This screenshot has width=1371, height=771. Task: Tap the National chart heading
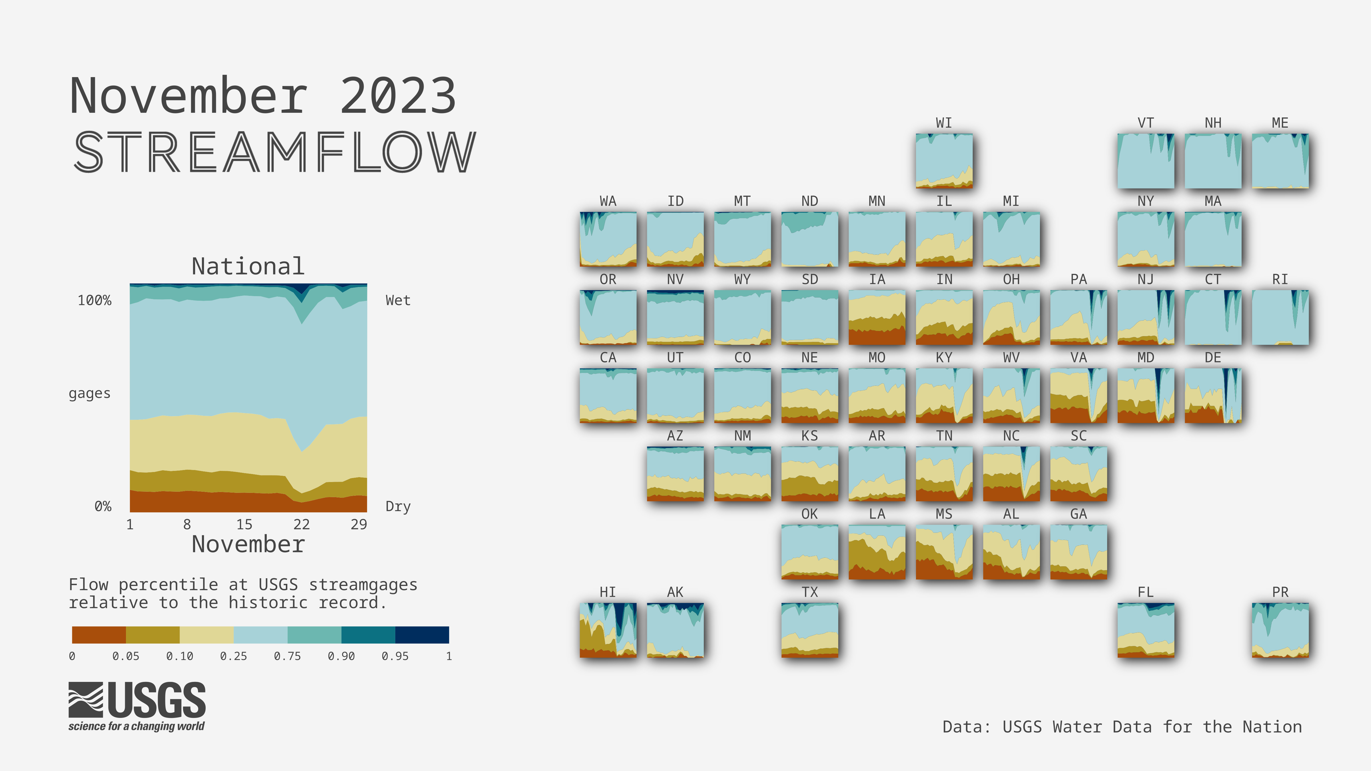coord(248,266)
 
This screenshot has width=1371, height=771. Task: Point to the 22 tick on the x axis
coord(301,524)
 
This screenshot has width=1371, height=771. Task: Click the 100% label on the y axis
coord(95,301)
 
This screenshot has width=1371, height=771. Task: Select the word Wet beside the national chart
coord(398,301)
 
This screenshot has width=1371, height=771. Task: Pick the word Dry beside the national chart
coord(398,507)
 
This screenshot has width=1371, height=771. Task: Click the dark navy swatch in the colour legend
coord(422,635)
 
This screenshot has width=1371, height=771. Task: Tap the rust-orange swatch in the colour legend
coord(99,635)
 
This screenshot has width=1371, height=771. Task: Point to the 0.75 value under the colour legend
coord(287,656)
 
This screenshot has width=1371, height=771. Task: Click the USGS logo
coord(137,706)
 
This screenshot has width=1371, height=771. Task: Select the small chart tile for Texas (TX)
coord(809,630)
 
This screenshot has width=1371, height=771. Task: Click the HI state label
coord(608,592)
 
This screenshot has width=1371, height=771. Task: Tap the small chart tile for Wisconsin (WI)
coord(944,161)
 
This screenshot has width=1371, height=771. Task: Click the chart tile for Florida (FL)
coord(1146,630)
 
